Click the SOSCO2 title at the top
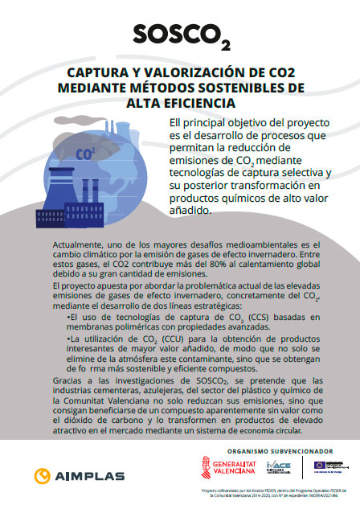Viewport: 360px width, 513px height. pos(179,35)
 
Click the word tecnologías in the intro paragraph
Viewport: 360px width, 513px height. pos(204,173)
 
